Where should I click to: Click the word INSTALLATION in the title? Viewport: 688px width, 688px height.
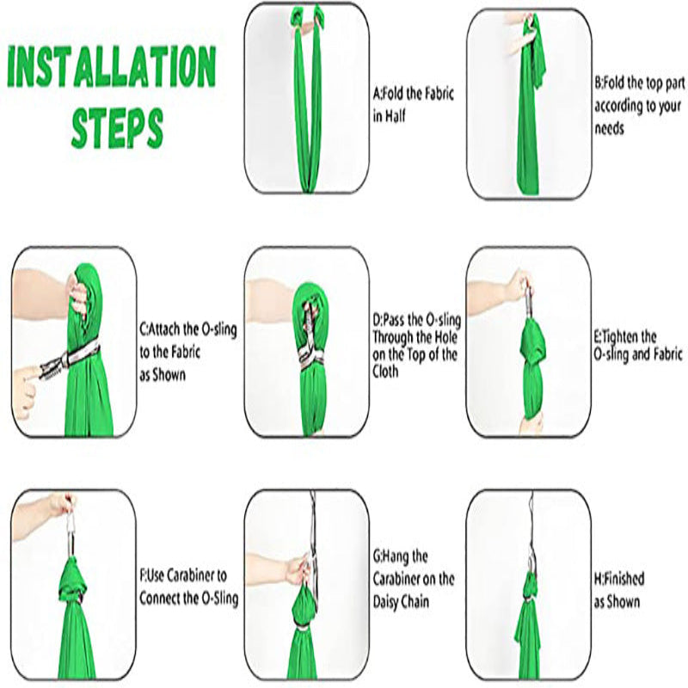(x=112, y=66)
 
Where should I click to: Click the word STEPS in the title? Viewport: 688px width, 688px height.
(x=117, y=127)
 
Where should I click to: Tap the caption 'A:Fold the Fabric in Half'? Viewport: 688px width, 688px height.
(x=413, y=104)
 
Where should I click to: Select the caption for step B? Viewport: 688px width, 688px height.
(x=639, y=105)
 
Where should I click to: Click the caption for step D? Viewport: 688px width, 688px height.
(x=416, y=346)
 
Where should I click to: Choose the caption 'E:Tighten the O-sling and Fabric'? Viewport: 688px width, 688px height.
(x=638, y=346)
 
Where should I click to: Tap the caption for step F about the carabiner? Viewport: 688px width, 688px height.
(x=188, y=587)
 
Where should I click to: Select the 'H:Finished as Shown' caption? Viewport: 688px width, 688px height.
(x=618, y=590)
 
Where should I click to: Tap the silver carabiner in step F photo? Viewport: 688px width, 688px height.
(x=69, y=529)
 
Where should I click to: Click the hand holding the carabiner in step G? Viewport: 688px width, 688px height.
(x=298, y=569)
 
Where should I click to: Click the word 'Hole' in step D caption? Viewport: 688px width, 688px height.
(x=445, y=337)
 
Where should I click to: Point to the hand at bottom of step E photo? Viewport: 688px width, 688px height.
(x=530, y=422)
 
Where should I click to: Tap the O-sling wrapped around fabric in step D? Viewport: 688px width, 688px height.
(x=311, y=359)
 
